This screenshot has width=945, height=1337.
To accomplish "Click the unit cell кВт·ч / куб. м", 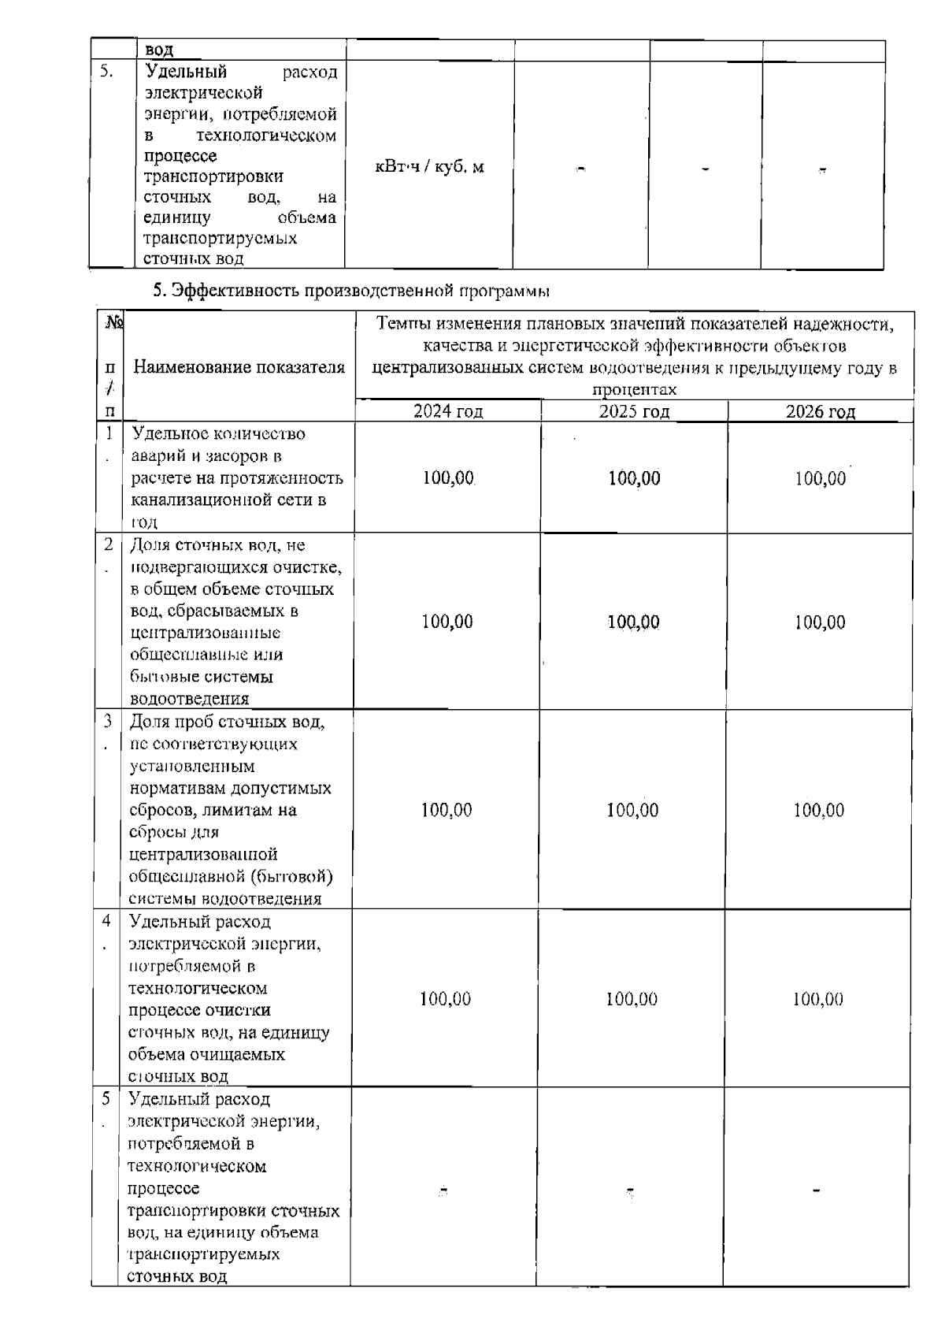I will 429,167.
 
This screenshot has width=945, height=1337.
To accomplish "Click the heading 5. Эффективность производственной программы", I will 350,291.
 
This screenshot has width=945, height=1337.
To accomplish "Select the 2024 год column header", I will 448,410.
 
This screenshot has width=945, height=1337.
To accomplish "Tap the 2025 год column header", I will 634,410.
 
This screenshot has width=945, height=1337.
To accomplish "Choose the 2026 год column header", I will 820,410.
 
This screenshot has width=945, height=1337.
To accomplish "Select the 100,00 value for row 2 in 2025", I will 634,622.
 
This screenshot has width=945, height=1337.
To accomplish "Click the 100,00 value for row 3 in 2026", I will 818,810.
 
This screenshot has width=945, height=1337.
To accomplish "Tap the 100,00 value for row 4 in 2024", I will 445,999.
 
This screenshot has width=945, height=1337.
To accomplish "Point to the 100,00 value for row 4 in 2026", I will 817,999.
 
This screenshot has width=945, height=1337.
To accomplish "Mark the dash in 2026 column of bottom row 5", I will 817,1191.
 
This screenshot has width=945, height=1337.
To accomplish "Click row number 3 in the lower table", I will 107,721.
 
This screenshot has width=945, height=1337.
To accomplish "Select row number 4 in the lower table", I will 106,921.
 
